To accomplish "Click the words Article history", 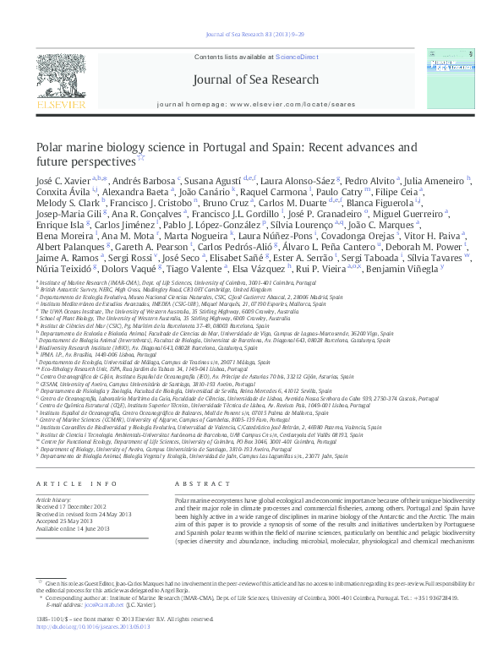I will tap(53, 500).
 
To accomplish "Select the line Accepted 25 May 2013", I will tap(66, 521).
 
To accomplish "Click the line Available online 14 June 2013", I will tap(74, 529).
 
